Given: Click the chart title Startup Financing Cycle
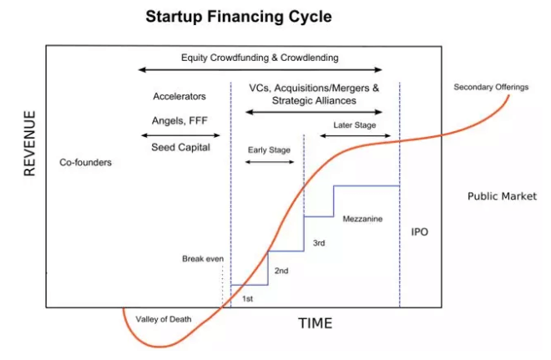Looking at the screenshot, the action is [x=239, y=17].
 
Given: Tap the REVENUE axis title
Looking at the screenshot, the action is [x=30, y=143].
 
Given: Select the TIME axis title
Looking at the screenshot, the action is [x=316, y=323].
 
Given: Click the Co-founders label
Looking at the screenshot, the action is [x=85, y=162].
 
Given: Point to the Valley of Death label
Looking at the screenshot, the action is [x=164, y=319].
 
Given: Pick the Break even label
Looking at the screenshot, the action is [x=203, y=259].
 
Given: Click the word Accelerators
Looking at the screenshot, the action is [x=179, y=96].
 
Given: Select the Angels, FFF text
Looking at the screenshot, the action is [x=179, y=121].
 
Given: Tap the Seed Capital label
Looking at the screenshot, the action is [x=180, y=147].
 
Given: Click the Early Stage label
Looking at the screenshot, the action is [x=269, y=150].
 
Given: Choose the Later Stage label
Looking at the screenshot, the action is [x=355, y=125].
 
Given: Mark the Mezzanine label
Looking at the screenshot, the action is [x=362, y=219].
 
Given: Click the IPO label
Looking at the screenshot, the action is [x=420, y=232].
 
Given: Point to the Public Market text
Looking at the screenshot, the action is [x=502, y=196].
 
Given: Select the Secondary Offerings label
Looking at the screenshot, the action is [x=491, y=87].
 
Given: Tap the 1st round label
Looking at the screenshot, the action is [x=247, y=299].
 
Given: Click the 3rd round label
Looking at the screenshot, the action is [x=319, y=243].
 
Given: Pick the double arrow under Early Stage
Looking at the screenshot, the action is [x=270, y=162].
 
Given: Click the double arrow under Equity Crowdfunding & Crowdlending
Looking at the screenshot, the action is [x=260, y=70].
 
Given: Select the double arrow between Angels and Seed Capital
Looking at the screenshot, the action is [x=180, y=135].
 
